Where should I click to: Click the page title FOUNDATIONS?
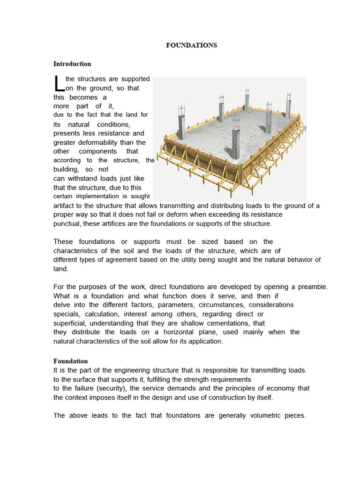(192, 45)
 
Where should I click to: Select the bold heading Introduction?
(72, 64)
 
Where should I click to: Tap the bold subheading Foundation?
(70, 361)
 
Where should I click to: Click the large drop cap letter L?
(58, 84)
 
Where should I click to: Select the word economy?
(279, 388)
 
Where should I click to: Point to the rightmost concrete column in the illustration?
(289, 104)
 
